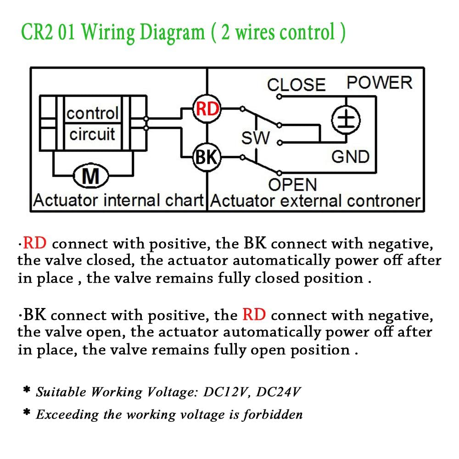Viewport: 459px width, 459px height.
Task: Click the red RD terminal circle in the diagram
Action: [207, 109]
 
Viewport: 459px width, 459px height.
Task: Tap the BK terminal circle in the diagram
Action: [207, 157]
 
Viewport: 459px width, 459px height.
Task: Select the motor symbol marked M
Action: [91, 176]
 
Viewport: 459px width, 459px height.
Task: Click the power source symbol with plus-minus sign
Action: [346, 120]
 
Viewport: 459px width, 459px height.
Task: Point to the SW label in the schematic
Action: [255, 138]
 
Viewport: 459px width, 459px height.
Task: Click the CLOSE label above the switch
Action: [296, 85]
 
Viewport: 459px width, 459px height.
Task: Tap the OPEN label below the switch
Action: [292, 185]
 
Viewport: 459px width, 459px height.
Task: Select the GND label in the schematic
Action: [350, 157]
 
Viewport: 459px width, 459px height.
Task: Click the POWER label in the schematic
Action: [380, 83]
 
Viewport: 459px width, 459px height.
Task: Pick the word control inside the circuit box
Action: [93, 113]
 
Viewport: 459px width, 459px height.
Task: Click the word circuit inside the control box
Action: [92, 134]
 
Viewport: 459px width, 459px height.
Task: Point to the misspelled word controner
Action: [383, 201]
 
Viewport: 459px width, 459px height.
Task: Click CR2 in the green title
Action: [37, 32]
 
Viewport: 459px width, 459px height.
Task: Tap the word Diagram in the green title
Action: [172, 33]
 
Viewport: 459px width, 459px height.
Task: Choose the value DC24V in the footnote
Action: [278, 392]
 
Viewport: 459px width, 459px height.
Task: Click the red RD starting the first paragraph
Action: [34, 243]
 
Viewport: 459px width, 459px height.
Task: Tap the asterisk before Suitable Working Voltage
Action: [27, 389]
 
